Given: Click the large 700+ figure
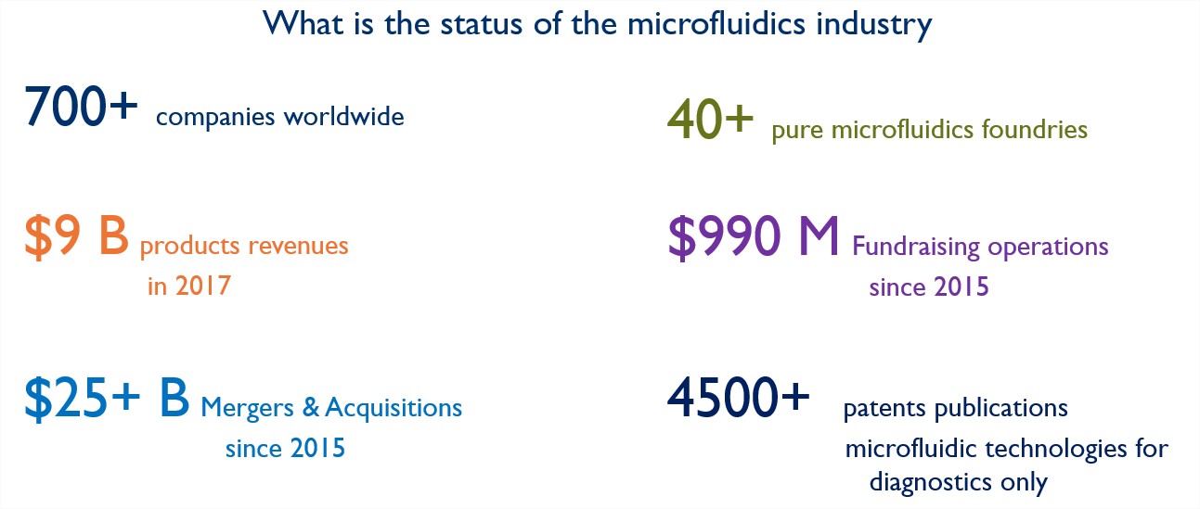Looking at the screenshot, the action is click(x=81, y=107).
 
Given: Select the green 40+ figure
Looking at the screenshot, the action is click(x=710, y=120).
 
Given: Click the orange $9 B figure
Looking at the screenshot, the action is click(x=77, y=236).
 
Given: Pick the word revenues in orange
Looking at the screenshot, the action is click(x=299, y=247).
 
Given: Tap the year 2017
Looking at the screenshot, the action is click(x=203, y=286).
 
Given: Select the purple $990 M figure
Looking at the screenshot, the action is click(x=754, y=236).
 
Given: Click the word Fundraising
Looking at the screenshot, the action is click(x=916, y=247).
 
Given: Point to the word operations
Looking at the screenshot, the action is click(x=1048, y=247).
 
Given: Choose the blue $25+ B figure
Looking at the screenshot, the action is click(x=107, y=398).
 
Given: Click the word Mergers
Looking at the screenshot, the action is click(x=248, y=408).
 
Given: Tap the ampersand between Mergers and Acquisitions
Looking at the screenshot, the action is click(x=311, y=407).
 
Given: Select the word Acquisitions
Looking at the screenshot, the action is click(x=394, y=408).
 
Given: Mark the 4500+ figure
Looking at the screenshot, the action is click(x=738, y=397).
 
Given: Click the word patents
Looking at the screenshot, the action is click(x=884, y=408).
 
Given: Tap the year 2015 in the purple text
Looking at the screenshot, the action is click(x=961, y=286).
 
